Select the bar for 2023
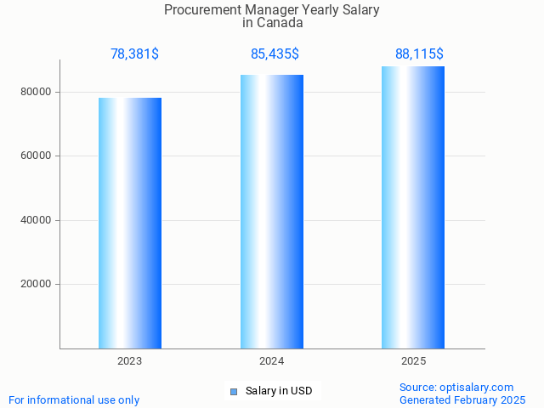click(x=130, y=223)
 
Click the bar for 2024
click(x=272, y=212)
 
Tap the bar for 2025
click(x=413, y=207)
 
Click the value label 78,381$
click(x=134, y=54)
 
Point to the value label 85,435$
click(x=275, y=54)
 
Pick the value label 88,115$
click(x=419, y=54)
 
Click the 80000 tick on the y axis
click(x=38, y=92)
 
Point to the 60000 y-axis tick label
click(x=38, y=156)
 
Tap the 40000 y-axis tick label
click(x=38, y=220)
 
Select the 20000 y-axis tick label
click(x=38, y=285)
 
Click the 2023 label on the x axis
click(x=130, y=361)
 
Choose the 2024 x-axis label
click(x=272, y=361)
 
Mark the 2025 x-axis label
click(x=413, y=361)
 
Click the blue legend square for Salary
click(x=234, y=392)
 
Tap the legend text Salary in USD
click(x=279, y=391)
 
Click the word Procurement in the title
click(x=197, y=11)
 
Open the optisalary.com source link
click(x=480, y=388)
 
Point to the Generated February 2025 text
click(x=462, y=399)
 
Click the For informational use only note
click(x=74, y=399)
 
